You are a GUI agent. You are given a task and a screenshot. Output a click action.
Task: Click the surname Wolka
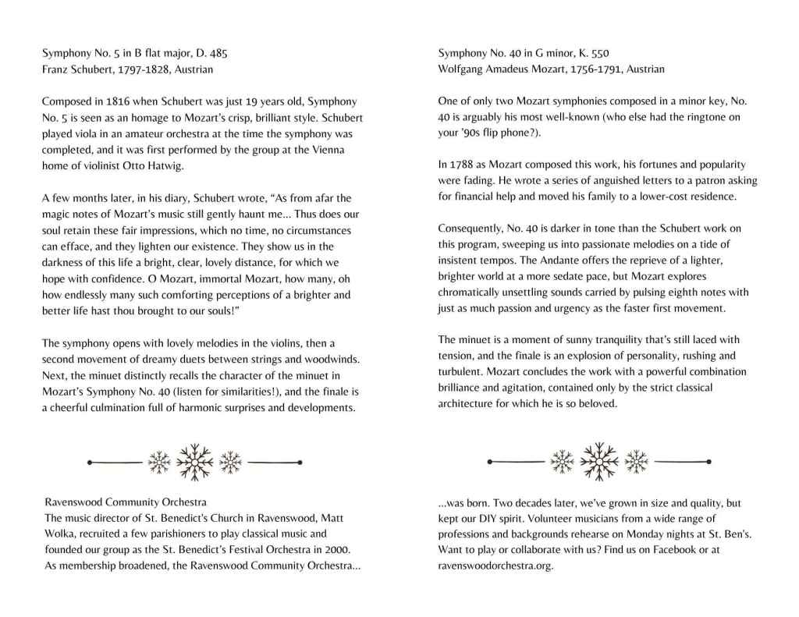pyautogui.click(x=59, y=534)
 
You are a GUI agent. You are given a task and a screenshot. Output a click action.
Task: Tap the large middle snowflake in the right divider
pyautogui.click(x=598, y=462)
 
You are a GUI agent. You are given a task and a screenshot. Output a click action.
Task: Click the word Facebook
pyautogui.click(x=662, y=550)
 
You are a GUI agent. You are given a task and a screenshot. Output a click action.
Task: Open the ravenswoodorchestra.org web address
pyautogui.click(x=495, y=566)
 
